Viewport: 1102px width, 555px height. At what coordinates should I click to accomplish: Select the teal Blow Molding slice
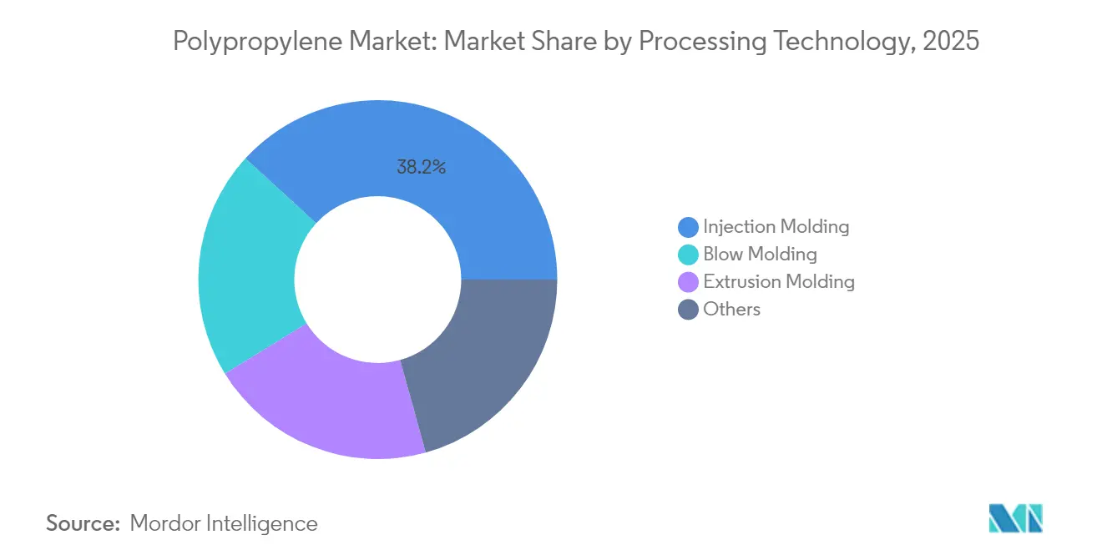[246, 267]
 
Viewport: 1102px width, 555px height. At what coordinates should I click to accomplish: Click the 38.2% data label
[421, 167]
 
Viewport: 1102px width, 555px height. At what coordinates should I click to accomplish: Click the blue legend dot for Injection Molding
[688, 227]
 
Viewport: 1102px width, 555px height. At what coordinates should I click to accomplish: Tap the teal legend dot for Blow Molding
[688, 255]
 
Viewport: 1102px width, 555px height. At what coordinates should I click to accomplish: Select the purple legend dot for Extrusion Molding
[688, 282]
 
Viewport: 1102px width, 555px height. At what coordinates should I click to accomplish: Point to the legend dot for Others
[688, 310]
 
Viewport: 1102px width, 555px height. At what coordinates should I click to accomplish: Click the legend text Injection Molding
[776, 226]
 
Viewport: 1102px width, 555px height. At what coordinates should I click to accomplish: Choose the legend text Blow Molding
[760, 254]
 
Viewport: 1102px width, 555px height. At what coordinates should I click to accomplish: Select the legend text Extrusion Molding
[779, 281]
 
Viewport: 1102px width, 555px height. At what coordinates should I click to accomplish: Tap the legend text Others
[731, 309]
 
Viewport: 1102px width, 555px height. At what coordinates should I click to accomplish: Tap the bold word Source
[83, 523]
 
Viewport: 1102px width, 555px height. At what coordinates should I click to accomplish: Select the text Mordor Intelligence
[224, 523]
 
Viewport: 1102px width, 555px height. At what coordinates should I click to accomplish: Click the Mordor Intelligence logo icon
[1015, 518]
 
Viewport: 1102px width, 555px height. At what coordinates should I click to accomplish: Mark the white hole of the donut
[377, 279]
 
